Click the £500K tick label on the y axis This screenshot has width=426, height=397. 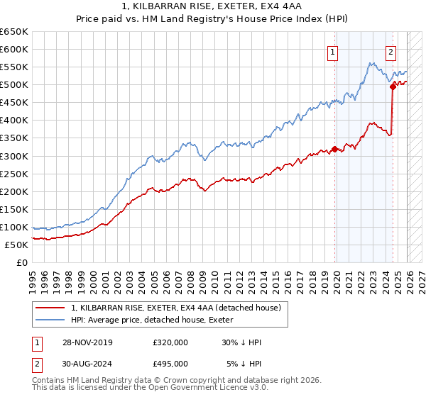click(x=14, y=85)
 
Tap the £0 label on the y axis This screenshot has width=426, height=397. click(x=23, y=262)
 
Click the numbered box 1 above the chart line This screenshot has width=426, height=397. click(x=333, y=50)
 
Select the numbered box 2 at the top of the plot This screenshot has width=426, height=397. click(x=391, y=50)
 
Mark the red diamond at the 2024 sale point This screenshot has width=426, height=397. click(x=393, y=86)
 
